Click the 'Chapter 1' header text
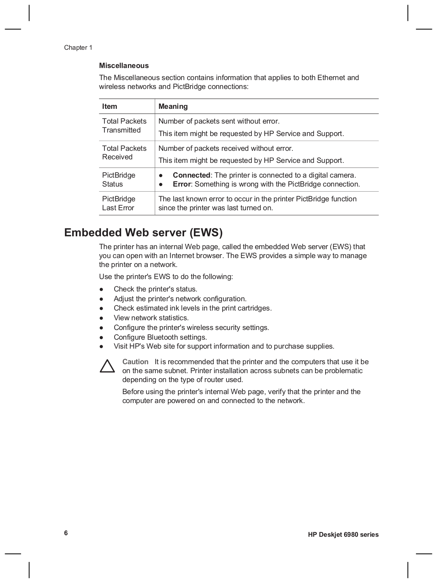78,48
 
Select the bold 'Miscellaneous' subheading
124,66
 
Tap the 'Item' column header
110,106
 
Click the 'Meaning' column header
173,106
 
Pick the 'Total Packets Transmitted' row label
124,126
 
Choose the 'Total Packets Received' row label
124,153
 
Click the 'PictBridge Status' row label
118,180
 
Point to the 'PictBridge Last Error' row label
118,203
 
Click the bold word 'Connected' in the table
191,175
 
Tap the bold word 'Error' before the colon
181,184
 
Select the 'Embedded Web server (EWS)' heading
143,233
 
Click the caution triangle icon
107,367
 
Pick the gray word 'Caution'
135,362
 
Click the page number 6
66,533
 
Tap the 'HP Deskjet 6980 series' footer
343,535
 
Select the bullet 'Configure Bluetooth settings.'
160,337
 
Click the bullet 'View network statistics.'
151,318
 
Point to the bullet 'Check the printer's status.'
155,289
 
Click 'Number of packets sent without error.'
219,121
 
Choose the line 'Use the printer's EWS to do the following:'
166,277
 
